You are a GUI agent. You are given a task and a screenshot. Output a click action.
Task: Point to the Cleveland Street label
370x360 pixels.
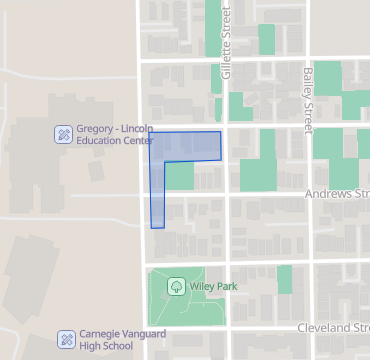(x=334, y=328)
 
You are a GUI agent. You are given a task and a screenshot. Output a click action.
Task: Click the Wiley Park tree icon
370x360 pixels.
(x=176, y=287)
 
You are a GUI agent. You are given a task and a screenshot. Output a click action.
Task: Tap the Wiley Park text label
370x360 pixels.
(x=213, y=287)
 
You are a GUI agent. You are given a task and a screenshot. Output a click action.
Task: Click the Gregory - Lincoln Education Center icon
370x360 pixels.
(x=63, y=133)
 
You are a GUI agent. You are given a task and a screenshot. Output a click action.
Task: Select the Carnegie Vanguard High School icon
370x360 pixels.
(x=66, y=339)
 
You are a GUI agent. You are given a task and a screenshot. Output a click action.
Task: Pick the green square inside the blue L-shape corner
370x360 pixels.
(x=179, y=175)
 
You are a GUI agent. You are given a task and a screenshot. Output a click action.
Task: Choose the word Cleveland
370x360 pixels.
(x=325, y=328)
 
